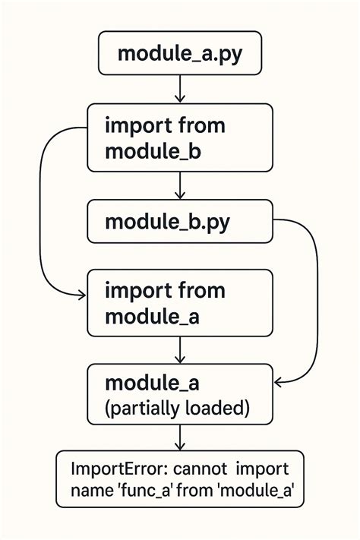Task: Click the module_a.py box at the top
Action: pyautogui.click(x=180, y=54)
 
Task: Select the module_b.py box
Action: pyautogui.click(x=180, y=222)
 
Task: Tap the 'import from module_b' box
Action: pyautogui.click(x=180, y=137)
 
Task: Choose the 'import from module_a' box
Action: pyautogui.click(x=180, y=302)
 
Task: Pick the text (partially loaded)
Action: pyautogui.click(x=177, y=408)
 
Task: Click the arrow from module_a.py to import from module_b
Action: pyautogui.click(x=180, y=90)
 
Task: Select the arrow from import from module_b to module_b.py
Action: pyautogui.click(x=180, y=185)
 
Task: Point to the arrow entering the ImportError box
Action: pyautogui.click(x=180, y=437)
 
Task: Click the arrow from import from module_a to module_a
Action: pyautogui.click(x=180, y=349)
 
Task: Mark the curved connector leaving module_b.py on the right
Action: pyautogui.click(x=314, y=304)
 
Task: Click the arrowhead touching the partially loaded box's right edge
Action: pyautogui.click(x=279, y=381)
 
